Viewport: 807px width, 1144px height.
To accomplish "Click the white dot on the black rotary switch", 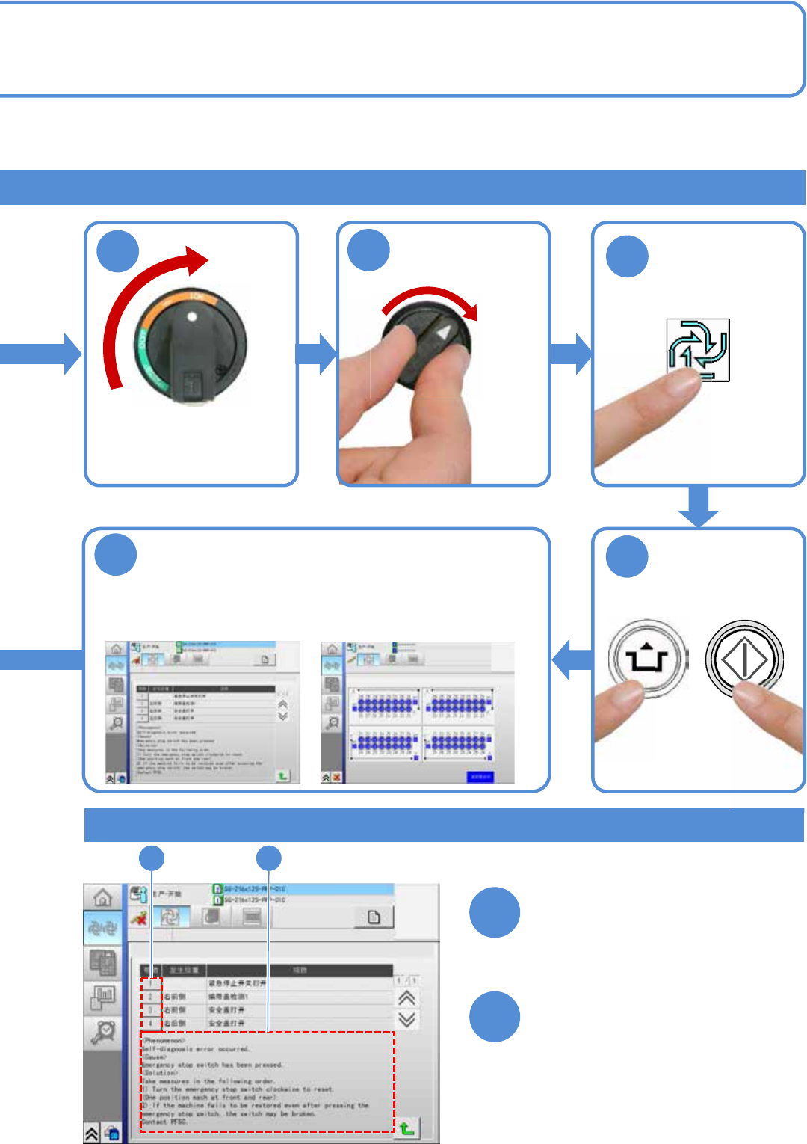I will tap(192, 316).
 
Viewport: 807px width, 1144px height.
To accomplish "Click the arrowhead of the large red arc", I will tap(198, 262).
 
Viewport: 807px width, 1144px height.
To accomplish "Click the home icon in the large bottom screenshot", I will tap(102, 897).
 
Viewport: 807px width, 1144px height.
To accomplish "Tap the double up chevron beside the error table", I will tap(406, 998).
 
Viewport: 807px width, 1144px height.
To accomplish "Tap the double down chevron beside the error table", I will tap(406, 1019).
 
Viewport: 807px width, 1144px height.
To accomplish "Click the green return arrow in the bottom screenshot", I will tap(406, 1128).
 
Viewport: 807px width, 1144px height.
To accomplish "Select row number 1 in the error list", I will tap(150, 983).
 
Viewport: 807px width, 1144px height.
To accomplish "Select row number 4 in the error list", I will tap(150, 1023).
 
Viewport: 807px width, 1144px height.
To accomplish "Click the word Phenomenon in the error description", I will tap(163, 1040).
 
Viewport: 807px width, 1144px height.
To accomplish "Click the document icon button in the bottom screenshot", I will tap(374, 917).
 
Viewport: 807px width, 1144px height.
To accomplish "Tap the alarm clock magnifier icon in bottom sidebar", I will tap(102, 1032).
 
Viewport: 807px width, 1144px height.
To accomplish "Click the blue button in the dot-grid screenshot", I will tap(480, 777).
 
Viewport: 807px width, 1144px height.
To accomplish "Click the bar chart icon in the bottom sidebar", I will tap(102, 997).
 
